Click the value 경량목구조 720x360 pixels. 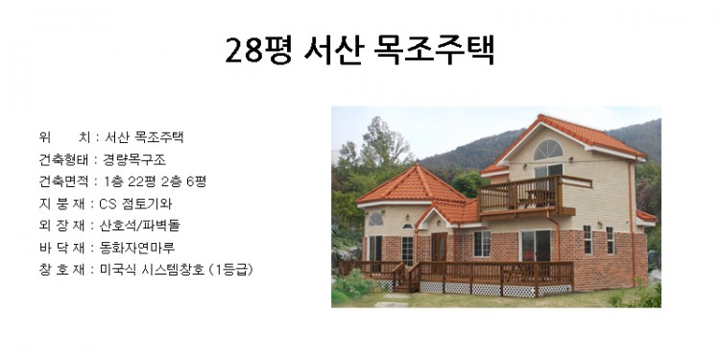(x=134, y=158)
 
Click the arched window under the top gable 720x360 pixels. (x=548, y=150)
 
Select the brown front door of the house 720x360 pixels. (x=439, y=247)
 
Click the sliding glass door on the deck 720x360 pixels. (x=535, y=246)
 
